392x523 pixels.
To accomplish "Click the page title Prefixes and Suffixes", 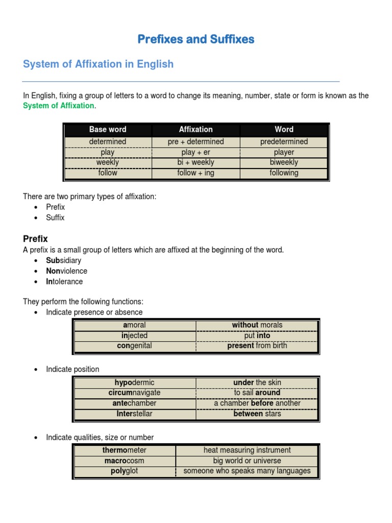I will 196,39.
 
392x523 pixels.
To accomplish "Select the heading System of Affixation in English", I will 98,64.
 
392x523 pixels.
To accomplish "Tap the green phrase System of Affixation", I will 59,106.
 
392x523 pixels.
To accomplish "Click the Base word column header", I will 108,130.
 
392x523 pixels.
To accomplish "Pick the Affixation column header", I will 195,130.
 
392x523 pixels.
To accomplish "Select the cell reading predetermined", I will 284,142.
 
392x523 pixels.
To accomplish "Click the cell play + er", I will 195,152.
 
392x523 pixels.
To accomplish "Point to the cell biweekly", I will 284,162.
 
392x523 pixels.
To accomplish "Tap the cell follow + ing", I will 195,173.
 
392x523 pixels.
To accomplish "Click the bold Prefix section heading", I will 35,239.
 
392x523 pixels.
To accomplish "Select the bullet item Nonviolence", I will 66,271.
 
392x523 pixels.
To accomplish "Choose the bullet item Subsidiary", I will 63,261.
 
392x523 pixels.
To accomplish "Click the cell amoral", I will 134,325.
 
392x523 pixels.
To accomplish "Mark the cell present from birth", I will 257,346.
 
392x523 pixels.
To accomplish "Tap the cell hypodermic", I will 134,383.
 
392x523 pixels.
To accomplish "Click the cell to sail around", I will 257,393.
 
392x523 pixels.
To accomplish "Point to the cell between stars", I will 257,414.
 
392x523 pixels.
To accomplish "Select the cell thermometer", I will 125,450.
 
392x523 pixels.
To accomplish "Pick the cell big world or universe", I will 247,461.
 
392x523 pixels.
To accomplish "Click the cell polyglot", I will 125,471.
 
